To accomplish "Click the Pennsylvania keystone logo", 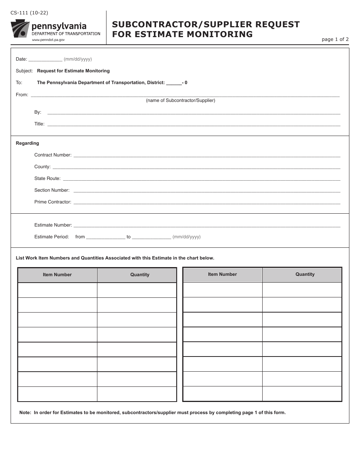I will click(x=20, y=29).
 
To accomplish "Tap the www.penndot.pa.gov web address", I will click(x=48, y=40).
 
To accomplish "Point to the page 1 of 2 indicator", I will click(x=335, y=39).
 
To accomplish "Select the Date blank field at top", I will click(x=45, y=59).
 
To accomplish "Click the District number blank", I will click(x=174, y=83).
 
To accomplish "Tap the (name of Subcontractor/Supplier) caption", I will click(x=180, y=100).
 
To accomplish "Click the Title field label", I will click(x=39, y=124).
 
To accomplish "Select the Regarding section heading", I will click(x=27, y=143).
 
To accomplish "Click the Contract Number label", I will click(x=53, y=155).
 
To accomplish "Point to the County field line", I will click(x=196, y=167).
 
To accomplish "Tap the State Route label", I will click(x=47, y=178).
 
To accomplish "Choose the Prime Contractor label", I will click(x=53, y=202).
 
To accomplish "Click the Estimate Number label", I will click(x=53, y=225).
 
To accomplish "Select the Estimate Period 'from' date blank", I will click(x=105, y=237).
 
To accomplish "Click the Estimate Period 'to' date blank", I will click(x=151, y=237).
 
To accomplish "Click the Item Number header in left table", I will click(x=57, y=275).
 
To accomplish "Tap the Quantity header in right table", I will click(x=305, y=274).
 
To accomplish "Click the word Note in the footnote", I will click(x=25, y=413).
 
